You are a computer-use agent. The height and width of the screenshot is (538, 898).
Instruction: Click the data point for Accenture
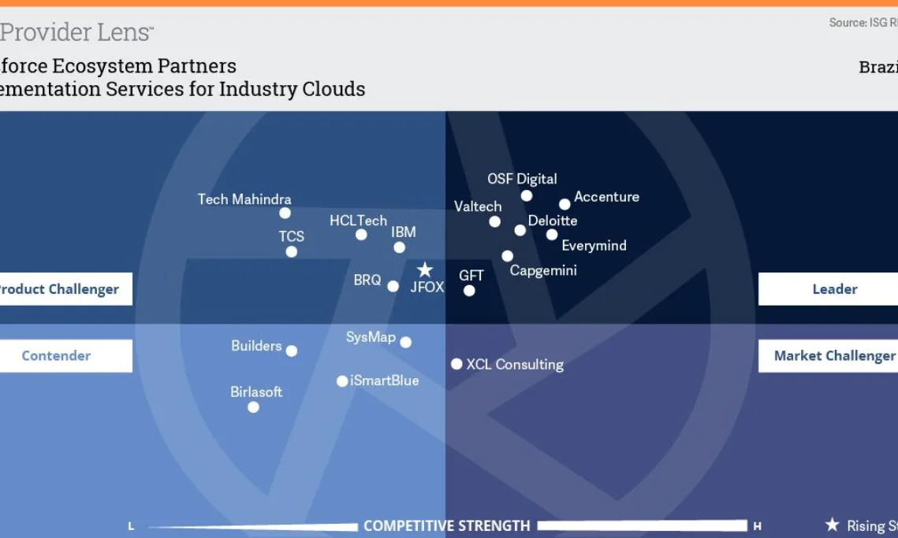[565, 205]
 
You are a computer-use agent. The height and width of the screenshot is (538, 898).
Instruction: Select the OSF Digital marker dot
[527, 196]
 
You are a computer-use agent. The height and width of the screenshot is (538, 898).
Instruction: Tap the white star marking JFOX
[425, 270]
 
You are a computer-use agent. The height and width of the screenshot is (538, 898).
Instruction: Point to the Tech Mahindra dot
[285, 213]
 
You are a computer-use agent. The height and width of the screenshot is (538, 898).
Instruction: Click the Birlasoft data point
[253, 407]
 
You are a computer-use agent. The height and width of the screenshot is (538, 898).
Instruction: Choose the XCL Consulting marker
[456, 364]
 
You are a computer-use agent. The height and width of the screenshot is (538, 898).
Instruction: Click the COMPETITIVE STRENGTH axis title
[446, 525]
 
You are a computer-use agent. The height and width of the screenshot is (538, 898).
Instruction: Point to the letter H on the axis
[758, 525]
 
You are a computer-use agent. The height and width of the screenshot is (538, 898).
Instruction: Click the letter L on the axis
[132, 525]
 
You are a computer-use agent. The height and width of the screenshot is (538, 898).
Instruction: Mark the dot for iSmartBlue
[342, 381]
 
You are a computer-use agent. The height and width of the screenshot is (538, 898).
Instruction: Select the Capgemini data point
[507, 256]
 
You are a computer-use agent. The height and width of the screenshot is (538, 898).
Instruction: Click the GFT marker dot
[469, 291]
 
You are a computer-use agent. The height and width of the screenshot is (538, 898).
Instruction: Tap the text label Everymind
[594, 246]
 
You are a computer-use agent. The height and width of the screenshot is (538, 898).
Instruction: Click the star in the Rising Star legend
[832, 525]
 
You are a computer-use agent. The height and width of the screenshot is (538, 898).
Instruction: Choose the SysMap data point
[405, 343]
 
